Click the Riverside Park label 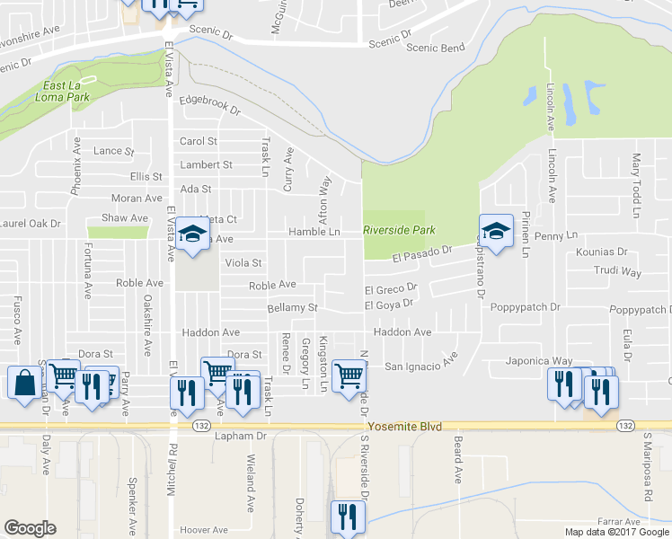click(x=399, y=231)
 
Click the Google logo click(x=30, y=528)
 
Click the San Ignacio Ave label click(x=421, y=366)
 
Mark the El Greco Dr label click(x=391, y=289)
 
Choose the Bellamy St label click(x=293, y=308)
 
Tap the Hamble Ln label click(x=314, y=232)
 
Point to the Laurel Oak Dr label click(x=30, y=223)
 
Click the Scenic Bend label click(x=436, y=48)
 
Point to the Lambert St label click(x=206, y=165)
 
